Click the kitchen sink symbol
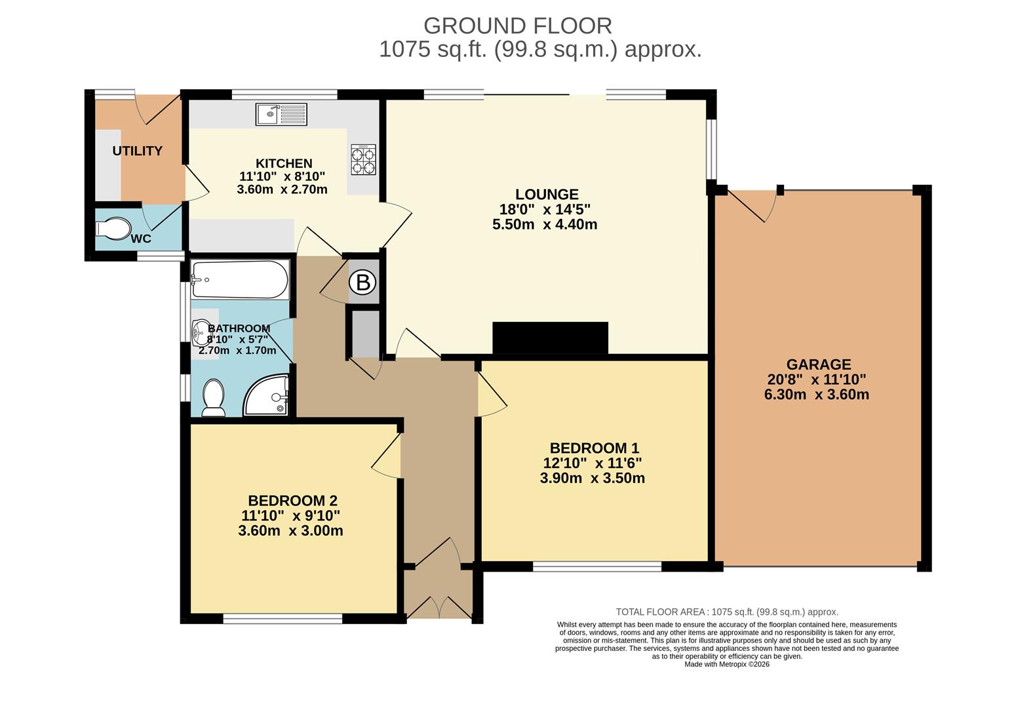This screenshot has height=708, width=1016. pos(281,114)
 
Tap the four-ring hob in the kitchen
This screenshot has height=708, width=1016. pos(363,159)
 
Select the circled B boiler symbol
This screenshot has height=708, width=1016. pos(363,283)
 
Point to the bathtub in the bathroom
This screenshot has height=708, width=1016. pos(239,279)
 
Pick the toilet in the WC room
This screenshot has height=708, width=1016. pos(113,229)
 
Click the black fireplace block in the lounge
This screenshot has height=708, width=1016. pos(550,338)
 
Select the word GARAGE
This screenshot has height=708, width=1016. pos(819,364)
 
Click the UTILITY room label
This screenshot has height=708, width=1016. pos(138,151)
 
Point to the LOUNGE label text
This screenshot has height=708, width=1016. pos(547,194)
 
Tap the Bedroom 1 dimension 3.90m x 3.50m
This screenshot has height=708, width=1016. pos(593,478)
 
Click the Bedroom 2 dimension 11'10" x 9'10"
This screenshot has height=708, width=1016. pos(291,516)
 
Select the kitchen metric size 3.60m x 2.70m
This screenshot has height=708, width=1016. pos(282,189)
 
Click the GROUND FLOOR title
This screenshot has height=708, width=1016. pos(518,26)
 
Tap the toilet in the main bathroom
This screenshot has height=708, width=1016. pos(213,398)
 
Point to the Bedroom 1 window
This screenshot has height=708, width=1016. pos(597,566)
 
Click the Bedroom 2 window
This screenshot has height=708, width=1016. pos(283,619)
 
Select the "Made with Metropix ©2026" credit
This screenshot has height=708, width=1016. pos(727,665)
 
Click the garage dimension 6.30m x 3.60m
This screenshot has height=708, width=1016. pos(817,395)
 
